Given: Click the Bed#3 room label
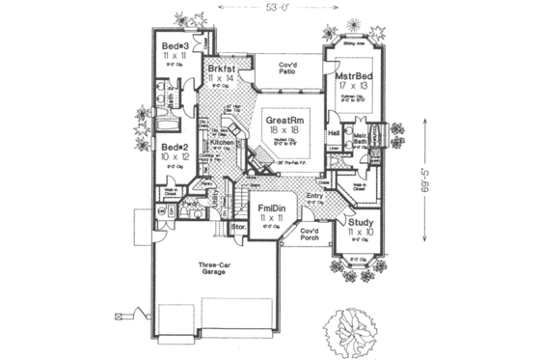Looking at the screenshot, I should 174,45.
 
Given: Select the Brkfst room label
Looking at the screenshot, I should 221,69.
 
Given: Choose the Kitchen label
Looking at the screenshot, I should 223,143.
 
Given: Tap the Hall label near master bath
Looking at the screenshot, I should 334,132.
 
